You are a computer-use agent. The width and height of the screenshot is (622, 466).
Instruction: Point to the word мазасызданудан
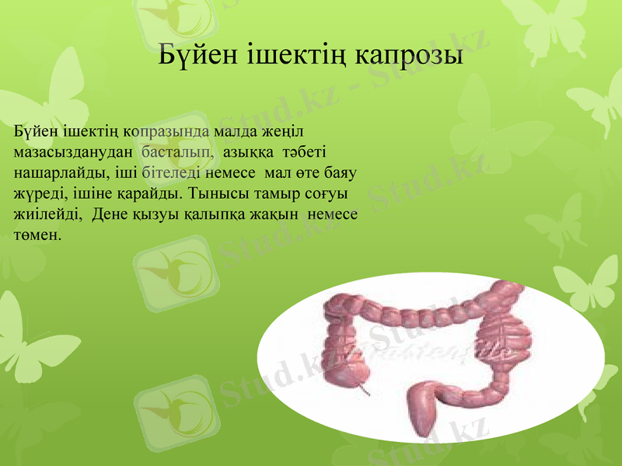pos(74,150)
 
